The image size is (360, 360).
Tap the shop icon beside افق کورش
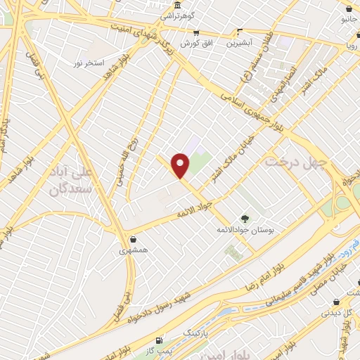196,32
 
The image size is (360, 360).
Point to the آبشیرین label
240,42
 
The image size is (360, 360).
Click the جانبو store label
349,19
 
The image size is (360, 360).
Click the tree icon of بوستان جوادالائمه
245,218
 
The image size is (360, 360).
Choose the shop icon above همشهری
133,238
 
